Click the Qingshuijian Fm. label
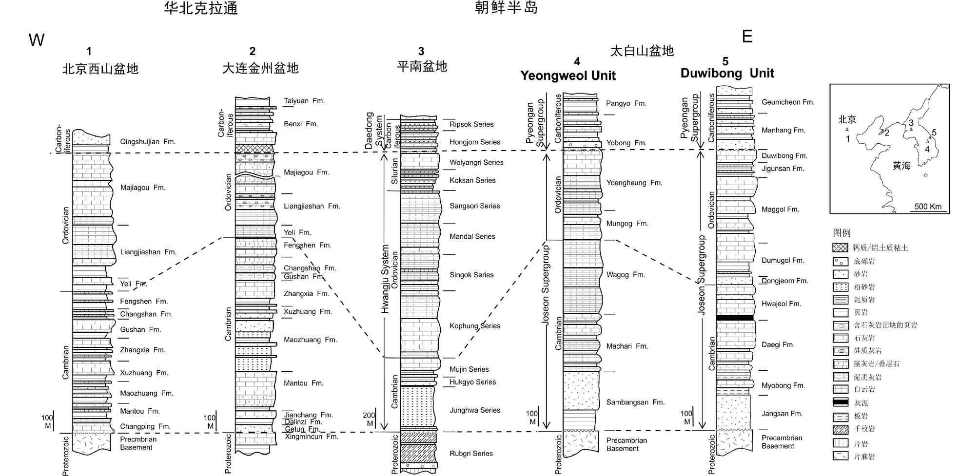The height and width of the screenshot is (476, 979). click(x=147, y=142)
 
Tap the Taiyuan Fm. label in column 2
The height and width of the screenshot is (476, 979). click(x=304, y=101)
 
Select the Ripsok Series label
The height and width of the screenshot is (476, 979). click(x=471, y=124)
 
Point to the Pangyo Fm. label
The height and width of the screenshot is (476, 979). click(x=626, y=103)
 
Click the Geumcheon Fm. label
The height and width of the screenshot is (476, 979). click(x=788, y=102)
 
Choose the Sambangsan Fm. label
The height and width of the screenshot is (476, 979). click(x=635, y=402)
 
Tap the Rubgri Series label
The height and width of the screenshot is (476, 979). click(x=471, y=454)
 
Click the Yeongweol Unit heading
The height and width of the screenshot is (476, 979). click(x=568, y=76)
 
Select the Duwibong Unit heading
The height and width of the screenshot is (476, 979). click(x=727, y=73)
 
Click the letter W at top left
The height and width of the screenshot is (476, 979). click(x=37, y=40)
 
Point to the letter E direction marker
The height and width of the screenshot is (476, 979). click(x=747, y=37)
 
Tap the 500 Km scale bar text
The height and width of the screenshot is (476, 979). click(x=928, y=206)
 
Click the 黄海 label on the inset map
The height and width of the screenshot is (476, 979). click(x=901, y=166)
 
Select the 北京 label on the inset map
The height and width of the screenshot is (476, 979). click(x=847, y=120)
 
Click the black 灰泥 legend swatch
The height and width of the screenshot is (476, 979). click(x=841, y=402)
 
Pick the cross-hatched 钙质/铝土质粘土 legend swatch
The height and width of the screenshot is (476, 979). click(x=841, y=248)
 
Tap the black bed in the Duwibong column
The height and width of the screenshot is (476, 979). click(x=735, y=318)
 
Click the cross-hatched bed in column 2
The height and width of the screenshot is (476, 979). click(x=254, y=149)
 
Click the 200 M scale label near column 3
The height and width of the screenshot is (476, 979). click(x=369, y=419)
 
